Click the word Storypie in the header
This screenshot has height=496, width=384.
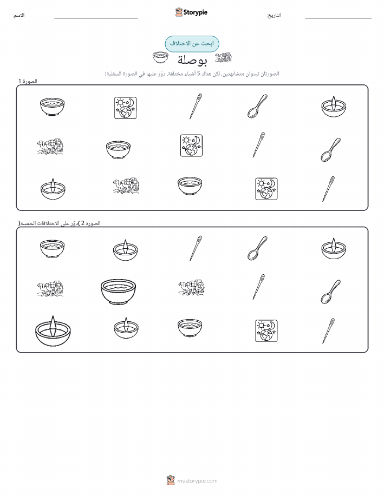pos(195,12)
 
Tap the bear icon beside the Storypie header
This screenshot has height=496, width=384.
pos(179,12)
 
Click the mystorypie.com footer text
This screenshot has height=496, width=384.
pos(197,481)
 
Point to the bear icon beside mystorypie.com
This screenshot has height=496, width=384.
pos(171,480)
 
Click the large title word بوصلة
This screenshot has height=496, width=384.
pos(192,59)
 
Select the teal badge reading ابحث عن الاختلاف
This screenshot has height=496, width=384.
pos(192,44)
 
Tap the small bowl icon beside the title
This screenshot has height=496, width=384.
pos(160,57)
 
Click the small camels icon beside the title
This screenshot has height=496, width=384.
pos(223,57)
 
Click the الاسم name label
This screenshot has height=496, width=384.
pos(18,15)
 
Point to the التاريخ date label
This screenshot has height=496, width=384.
pos(274,15)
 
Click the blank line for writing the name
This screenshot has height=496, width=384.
pos(96,18)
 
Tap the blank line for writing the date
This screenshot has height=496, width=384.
pos(338,18)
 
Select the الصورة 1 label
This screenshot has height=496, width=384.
pos(28,81)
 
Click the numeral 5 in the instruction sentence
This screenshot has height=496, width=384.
pos(199,74)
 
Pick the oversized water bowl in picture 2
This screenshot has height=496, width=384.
pos(118,292)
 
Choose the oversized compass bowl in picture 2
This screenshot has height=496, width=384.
pos(53,330)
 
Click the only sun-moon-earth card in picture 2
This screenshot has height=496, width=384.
pos(266,330)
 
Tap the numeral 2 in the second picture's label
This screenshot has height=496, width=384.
pos(83,223)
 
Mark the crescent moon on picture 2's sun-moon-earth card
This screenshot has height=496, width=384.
pos(272,325)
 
